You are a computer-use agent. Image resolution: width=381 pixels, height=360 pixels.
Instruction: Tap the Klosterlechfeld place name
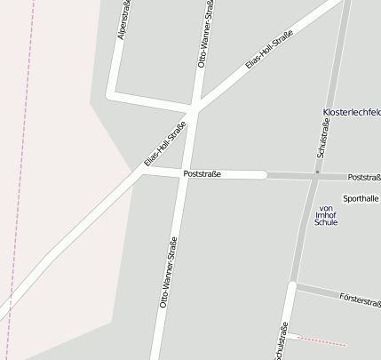click(351, 112)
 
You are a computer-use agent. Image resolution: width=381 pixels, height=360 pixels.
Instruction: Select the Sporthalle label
click(361, 198)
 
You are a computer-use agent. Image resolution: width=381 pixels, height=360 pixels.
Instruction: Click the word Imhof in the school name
click(326, 214)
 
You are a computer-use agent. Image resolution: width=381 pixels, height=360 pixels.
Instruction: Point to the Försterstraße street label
click(360, 299)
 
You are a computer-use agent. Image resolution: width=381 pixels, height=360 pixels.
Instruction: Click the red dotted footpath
click(320, 340)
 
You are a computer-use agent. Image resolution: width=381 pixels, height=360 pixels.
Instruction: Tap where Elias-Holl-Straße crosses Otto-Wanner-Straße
click(192, 114)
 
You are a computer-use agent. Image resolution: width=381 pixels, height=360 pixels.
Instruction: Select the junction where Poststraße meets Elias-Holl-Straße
click(142, 171)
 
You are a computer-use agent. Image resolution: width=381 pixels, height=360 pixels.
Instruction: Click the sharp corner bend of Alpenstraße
click(111, 92)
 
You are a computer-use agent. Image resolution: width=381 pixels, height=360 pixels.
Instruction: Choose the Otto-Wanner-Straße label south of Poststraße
click(169, 272)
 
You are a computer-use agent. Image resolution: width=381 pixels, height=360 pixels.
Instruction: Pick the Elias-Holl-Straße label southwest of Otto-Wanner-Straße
click(166, 145)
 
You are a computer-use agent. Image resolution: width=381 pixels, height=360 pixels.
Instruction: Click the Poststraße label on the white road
click(202, 174)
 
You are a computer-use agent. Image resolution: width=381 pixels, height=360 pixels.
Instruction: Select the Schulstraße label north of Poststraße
click(324, 142)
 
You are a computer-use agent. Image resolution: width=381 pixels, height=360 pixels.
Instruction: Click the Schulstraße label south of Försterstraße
click(282, 342)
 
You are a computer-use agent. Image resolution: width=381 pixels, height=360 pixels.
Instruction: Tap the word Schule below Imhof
click(326, 222)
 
